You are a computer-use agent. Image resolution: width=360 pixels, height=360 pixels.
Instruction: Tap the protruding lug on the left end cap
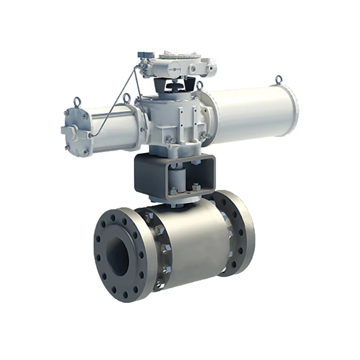(68, 130)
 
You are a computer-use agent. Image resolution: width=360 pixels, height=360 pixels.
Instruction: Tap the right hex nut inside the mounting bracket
(196, 187)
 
